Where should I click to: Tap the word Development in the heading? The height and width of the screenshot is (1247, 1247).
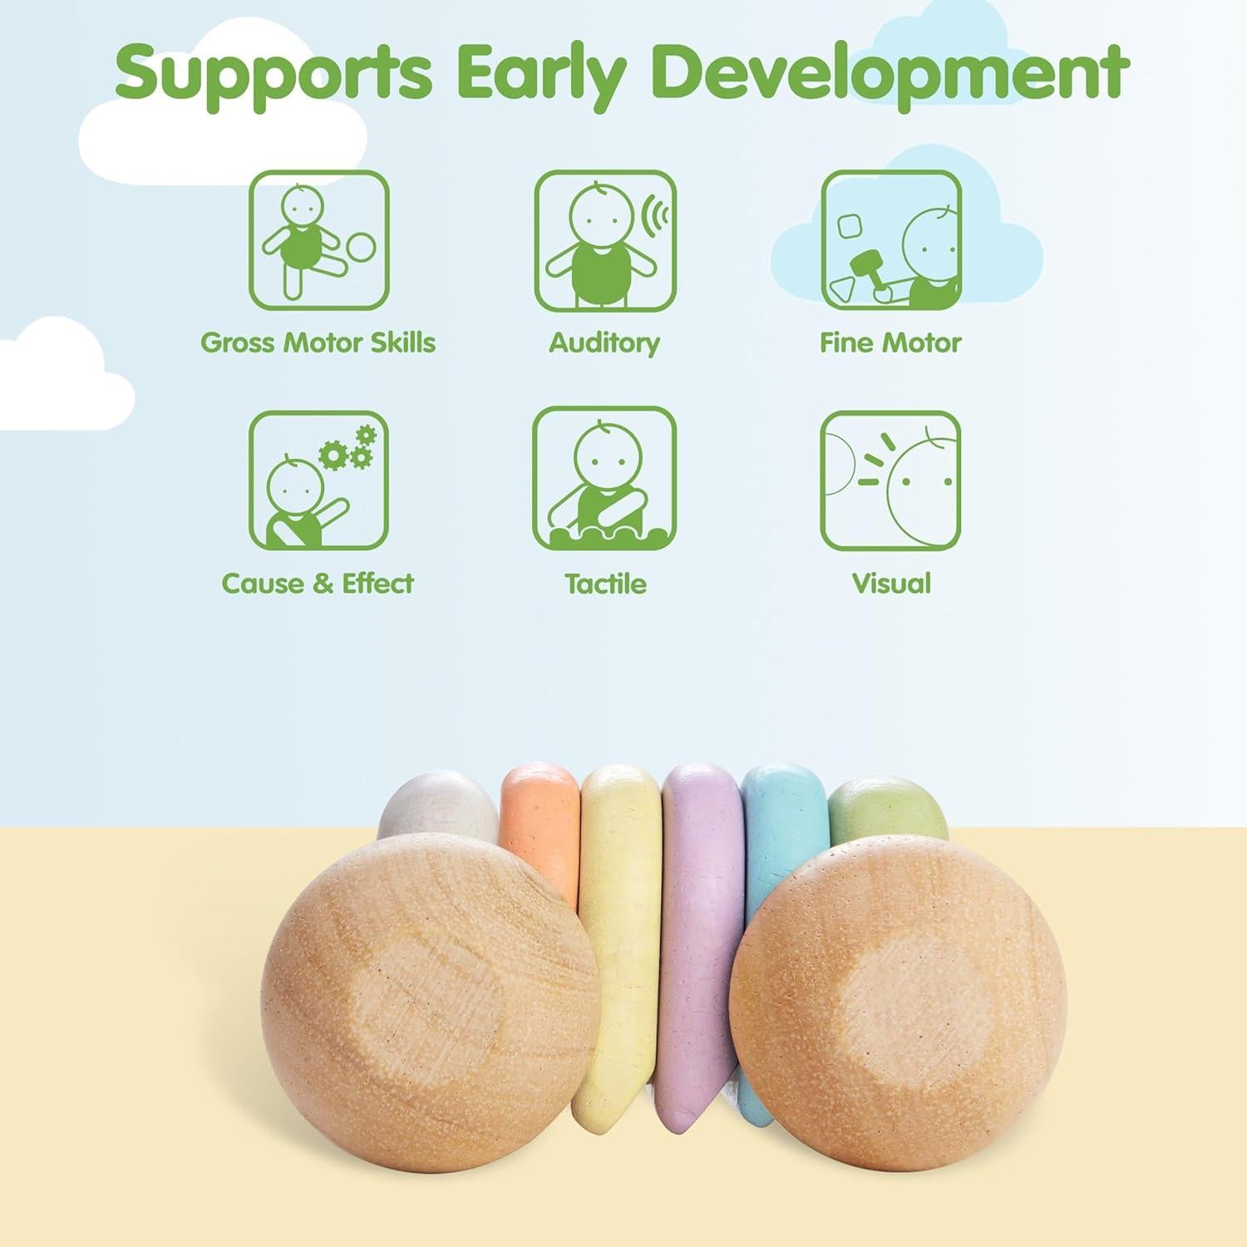(894, 73)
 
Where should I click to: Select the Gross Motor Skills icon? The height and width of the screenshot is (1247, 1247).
(319, 239)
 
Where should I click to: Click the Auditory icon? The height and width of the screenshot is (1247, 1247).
(604, 239)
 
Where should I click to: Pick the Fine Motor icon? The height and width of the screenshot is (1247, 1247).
(890, 239)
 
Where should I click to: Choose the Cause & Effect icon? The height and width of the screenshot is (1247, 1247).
(319, 480)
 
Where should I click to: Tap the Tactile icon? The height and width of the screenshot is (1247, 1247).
(604, 480)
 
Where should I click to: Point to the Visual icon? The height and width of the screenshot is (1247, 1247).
(890, 480)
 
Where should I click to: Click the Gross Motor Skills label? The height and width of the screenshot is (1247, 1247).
(318, 343)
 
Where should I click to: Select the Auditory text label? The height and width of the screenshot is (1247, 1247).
(604, 343)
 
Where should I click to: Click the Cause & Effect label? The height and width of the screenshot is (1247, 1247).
(318, 583)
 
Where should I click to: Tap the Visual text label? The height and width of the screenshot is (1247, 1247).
(891, 583)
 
